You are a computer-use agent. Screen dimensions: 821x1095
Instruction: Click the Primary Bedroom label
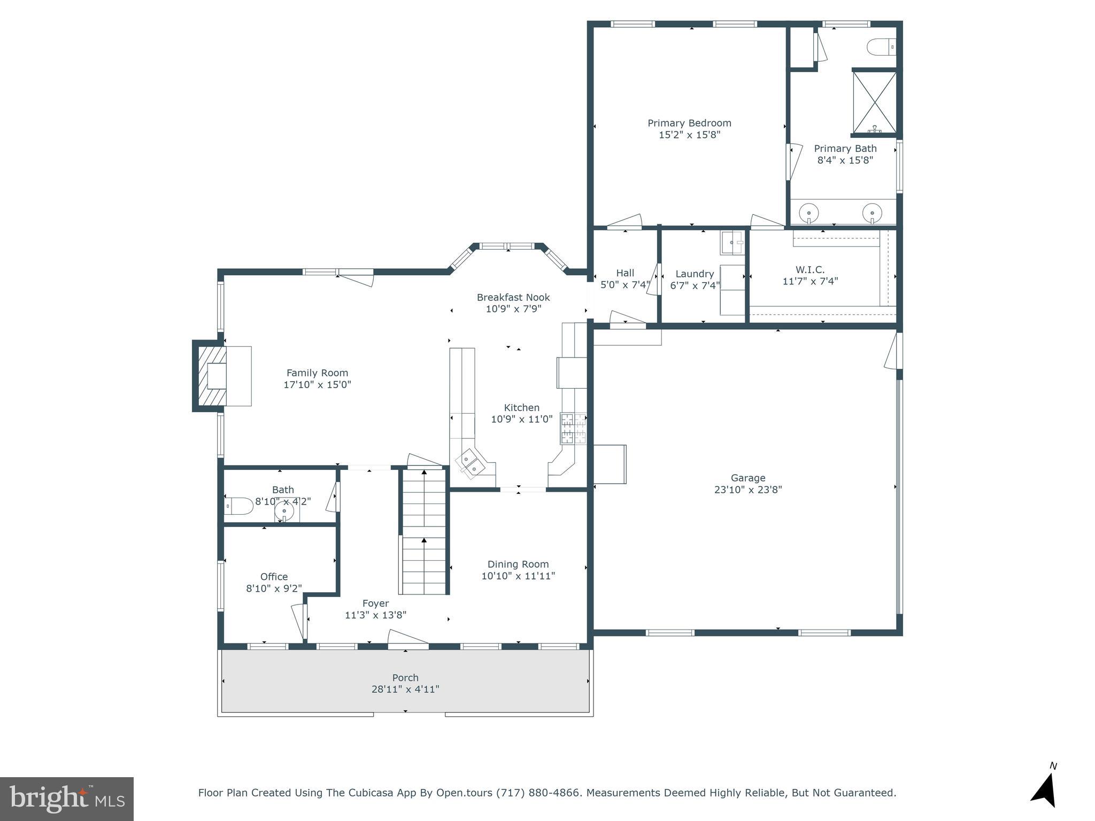[689, 123]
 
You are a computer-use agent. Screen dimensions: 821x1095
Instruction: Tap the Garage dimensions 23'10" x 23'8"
[748, 490]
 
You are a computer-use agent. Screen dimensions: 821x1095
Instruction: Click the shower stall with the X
[874, 102]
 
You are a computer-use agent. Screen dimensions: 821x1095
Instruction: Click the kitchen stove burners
[573, 429]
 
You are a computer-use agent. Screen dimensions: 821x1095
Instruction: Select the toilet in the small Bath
[238, 506]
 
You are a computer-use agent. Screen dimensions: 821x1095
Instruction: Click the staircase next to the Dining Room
[424, 532]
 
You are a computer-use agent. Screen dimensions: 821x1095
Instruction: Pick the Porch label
[405, 678]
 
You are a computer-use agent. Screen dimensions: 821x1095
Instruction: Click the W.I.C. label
[810, 270]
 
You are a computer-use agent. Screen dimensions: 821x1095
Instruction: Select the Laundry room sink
[732, 243]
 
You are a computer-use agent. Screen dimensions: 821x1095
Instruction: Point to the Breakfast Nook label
[513, 297]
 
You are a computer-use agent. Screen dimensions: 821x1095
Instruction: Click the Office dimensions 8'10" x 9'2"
[274, 588]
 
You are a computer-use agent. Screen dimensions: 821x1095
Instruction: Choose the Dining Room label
[518, 564]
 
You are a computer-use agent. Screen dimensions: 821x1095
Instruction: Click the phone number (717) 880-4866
[538, 793]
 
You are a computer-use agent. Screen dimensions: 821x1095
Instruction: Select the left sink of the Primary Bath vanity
[809, 213]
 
